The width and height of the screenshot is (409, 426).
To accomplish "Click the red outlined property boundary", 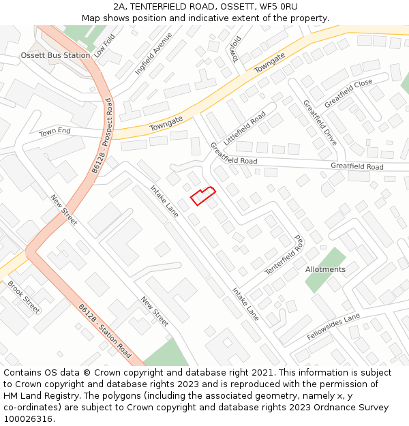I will (202, 196).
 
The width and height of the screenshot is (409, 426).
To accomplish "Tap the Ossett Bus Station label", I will (55, 55).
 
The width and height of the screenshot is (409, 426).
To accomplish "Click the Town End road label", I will (55, 132).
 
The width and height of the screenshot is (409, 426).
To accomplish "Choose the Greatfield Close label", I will (348, 93).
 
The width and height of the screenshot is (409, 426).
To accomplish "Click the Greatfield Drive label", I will (320, 123).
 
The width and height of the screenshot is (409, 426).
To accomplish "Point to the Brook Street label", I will (24, 296).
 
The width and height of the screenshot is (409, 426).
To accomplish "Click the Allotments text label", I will (325, 269).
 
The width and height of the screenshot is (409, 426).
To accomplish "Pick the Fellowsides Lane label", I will (333, 327).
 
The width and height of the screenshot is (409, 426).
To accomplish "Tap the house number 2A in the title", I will (120, 6).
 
